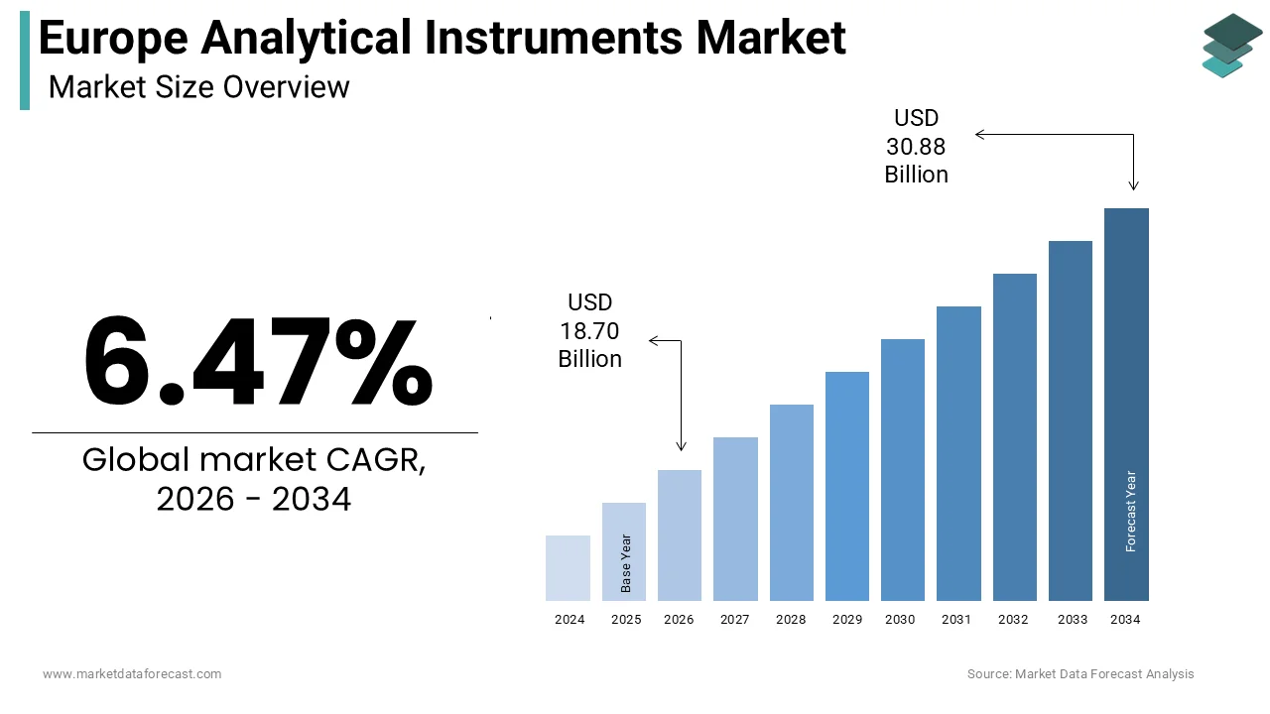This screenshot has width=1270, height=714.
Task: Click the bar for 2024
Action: pyautogui.click(x=569, y=568)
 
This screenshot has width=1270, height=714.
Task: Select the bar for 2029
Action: pyautogui.click(x=847, y=486)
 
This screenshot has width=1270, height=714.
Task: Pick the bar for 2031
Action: pyautogui.click(x=958, y=453)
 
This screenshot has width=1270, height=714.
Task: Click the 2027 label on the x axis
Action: pyautogui.click(x=735, y=620)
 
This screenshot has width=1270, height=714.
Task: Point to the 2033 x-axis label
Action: pyautogui.click(x=1072, y=620)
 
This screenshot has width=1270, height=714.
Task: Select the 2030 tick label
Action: pyautogui.click(x=900, y=620)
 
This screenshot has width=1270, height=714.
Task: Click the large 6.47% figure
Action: pyautogui.click(x=257, y=362)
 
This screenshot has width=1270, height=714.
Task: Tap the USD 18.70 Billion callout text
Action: pyautogui.click(x=590, y=330)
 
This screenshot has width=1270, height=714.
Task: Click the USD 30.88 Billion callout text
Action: pyautogui.click(x=916, y=147)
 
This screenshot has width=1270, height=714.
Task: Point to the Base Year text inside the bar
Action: pyautogui.click(x=626, y=563)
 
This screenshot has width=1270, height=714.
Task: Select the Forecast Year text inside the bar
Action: pyautogui.click(x=1130, y=511)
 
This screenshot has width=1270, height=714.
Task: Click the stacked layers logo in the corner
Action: pyautogui.click(x=1232, y=46)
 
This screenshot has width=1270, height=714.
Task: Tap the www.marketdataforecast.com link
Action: pyautogui.click(x=132, y=674)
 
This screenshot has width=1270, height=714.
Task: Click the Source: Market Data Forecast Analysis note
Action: pyautogui.click(x=1080, y=674)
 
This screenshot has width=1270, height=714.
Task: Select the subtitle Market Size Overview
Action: pyautogui.click(x=198, y=87)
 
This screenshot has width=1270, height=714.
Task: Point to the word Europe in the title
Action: pyautogui.click(x=112, y=39)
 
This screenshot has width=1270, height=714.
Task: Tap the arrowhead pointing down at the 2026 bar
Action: pyautogui.click(x=681, y=446)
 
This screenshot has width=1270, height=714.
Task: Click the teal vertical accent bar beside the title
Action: pyautogui.click(x=25, y=60)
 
